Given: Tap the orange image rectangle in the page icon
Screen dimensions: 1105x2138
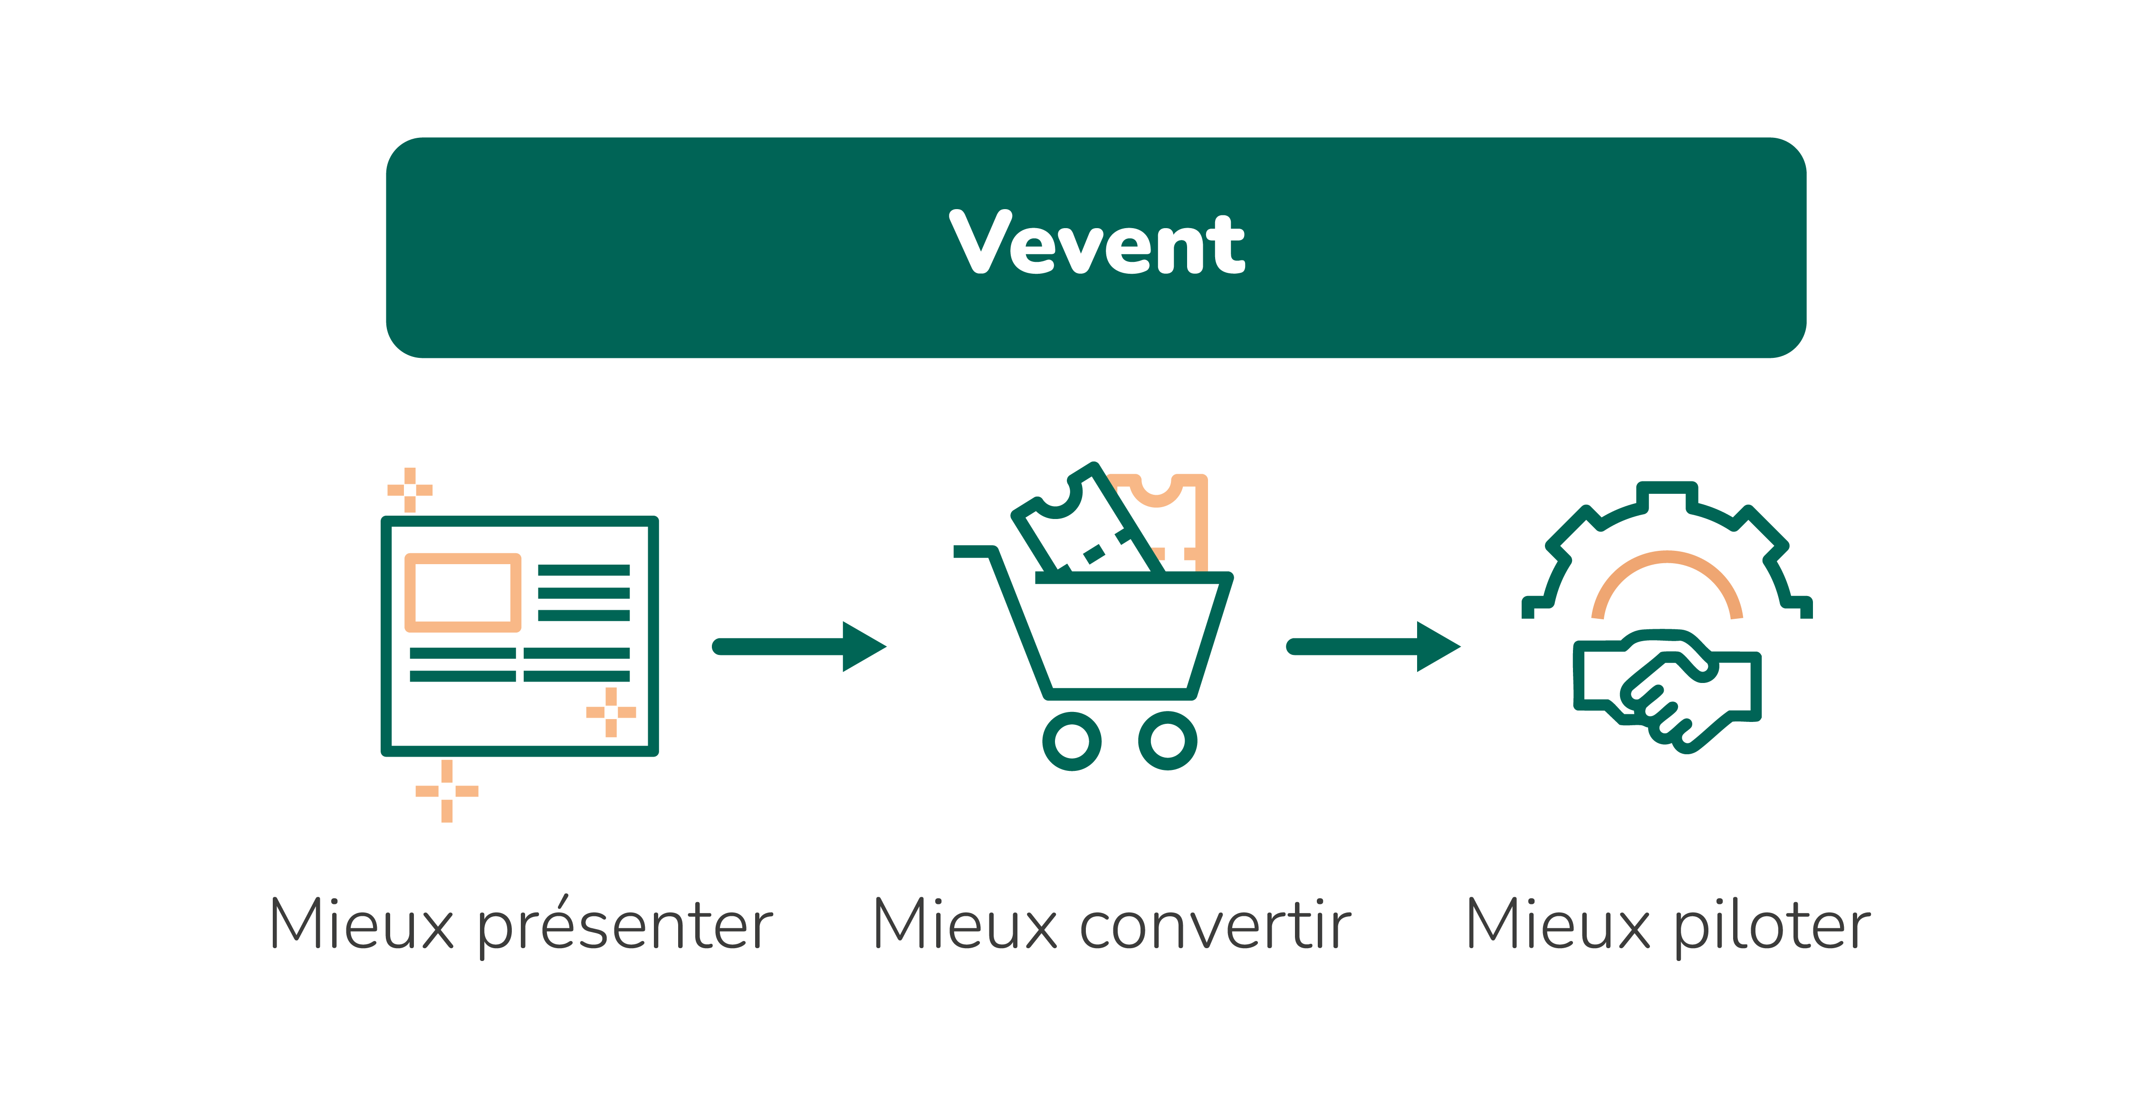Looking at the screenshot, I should coord(462,592).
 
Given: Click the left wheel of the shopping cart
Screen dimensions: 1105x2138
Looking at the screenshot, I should coord(1072,740).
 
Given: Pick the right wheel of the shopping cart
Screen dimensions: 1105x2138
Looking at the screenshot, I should coord(1167,740).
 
